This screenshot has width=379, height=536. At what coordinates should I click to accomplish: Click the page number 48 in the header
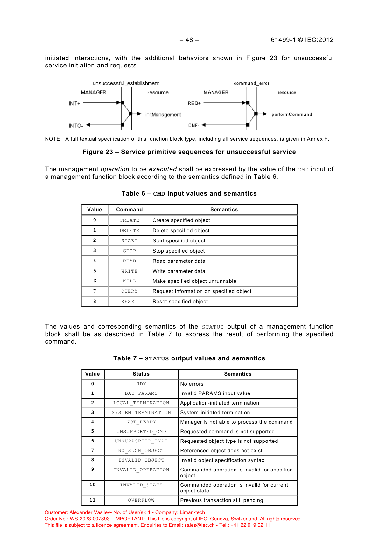189,40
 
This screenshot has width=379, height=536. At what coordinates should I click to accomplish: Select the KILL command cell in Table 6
130,281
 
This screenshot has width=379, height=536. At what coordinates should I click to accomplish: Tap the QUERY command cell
130,291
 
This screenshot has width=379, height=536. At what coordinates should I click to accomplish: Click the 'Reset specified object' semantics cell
180,302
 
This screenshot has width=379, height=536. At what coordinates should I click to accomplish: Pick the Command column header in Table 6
130,210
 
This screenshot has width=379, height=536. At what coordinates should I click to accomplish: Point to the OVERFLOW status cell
141,500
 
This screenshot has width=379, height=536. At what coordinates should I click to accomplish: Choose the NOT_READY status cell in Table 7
141,422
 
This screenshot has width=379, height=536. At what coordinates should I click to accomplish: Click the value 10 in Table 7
93,485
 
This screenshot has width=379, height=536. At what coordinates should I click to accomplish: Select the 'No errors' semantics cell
192,384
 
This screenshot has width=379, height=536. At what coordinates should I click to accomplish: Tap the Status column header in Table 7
141,374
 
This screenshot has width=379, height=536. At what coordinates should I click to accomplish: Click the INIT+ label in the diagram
75,103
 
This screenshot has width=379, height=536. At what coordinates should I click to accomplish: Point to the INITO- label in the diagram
76,126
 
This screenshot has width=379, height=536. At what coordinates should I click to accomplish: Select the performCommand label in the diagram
291,115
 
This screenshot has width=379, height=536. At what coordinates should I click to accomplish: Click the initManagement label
163,115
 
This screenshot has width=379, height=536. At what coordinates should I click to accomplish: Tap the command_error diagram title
251,83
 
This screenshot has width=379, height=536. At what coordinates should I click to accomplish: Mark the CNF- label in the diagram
193,125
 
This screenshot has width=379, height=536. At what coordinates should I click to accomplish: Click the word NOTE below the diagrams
53,139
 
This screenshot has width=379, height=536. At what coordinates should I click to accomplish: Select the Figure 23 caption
189,152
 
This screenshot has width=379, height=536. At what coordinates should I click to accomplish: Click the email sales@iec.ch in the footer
200,525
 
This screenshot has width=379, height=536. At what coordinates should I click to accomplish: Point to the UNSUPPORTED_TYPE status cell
141,441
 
